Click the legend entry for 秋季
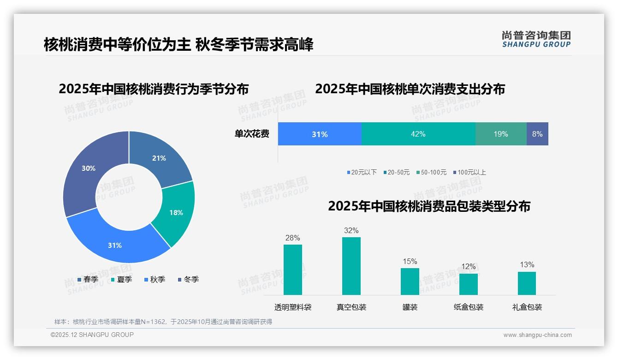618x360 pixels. point(154,279)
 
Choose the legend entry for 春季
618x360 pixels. point(88,279)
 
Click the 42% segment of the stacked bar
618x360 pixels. point(418,134)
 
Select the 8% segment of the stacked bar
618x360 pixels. point(537,134)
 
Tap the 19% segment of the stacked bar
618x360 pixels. point(501,134)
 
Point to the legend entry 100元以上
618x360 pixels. point(469,172)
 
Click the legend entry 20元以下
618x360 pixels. point(362,172)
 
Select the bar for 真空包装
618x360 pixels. point(351,266)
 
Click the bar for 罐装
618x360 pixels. point(410,281)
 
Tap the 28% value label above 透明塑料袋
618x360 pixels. point(292,238)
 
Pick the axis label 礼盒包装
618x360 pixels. point(527,307)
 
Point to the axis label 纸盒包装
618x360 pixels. point(468,307)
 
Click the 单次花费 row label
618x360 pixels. point(252,134)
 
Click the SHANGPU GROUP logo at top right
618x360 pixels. point(536,39)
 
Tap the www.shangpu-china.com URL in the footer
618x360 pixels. point(537,335)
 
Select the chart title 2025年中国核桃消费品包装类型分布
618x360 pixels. point(429,206)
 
